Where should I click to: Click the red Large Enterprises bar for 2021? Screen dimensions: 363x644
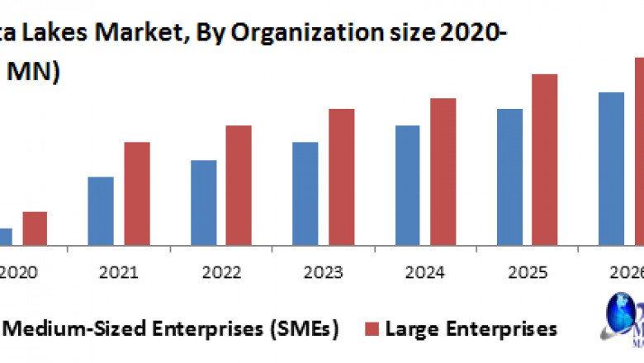pyautogui.click(x=137, y=194)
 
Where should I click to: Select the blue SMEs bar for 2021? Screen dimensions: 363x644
pyautogui.click(x=101, y=211)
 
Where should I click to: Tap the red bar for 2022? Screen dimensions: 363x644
pyautogui.click(x=239, y=186)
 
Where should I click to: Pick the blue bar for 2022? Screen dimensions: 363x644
pyautogui.click(x=203, y=203)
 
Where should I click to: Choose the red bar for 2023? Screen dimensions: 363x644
pyautogui.click(x=342, y=177)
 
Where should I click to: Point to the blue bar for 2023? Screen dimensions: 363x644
pyautogui.click(x=305, y=194)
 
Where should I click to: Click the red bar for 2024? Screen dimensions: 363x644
pyautogui.click(x=443, y=172)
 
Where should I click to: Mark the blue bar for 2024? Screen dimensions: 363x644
pyautogui.click(x=408, y=186)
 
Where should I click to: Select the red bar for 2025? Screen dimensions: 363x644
pyautogui.click(x=545, y=160)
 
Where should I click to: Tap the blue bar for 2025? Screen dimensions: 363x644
pyautogui.click(x=509, y=177)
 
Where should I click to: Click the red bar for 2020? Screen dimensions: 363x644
pyautogui.click(x=35, y=229)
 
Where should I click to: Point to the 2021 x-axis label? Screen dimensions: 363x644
pyautogui.click(x=118, y=271)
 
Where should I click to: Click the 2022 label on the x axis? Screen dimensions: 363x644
pyautogui.click(x=220, y=271)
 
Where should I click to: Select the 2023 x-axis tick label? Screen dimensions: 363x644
pyautogui.click(x=324, y=271)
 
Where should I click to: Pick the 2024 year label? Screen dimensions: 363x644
pyautogui.click(x=426, y=271)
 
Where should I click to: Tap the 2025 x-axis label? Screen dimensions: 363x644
pyautogui.click(x=528, y=271)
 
